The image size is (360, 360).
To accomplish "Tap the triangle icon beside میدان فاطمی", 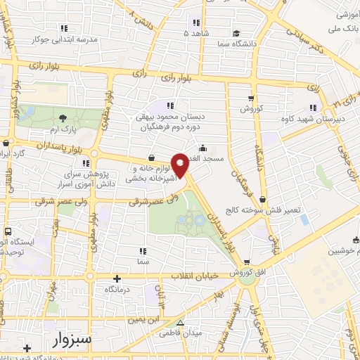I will tap(181, 323).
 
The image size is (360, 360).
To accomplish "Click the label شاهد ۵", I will tap(196, 32).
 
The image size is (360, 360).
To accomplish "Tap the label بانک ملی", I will tap(343, 27).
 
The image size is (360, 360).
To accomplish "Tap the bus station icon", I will tap(8, 231).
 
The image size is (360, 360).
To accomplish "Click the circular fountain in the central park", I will tap(200, 221).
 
